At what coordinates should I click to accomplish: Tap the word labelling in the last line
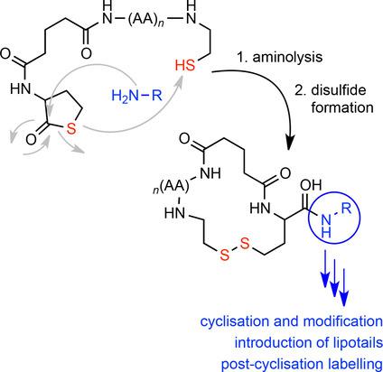[344, 358]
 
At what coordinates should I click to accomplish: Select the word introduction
[250, 340]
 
